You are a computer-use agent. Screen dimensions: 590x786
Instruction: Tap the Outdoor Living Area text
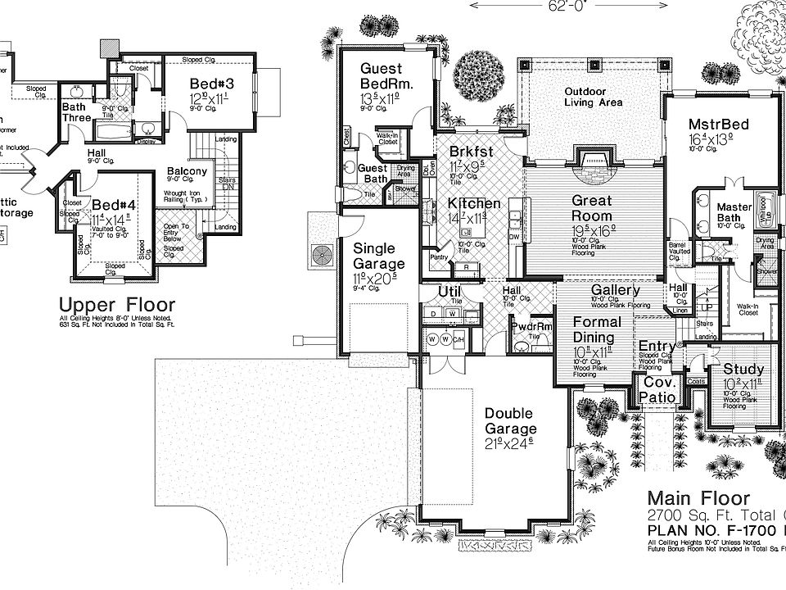coord(593,97)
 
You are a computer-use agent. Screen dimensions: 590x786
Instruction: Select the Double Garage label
coord(509,421)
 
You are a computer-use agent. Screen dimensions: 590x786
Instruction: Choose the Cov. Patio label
coord(659,390)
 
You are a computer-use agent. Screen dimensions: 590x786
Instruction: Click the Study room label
coord(743,370)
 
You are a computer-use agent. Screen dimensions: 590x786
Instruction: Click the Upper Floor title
coord(116,306)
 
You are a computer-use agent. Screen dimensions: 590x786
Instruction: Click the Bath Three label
coord(77,112)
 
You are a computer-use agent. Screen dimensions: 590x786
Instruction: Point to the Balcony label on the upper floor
coord(187,172)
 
